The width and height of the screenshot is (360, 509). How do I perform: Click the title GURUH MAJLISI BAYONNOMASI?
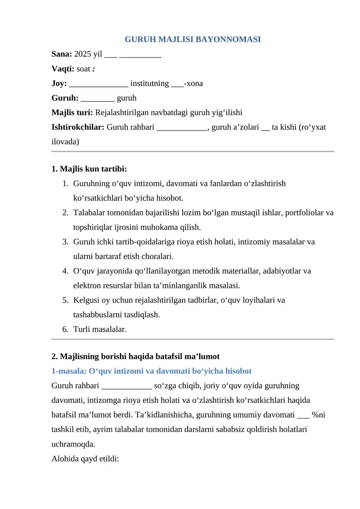193,40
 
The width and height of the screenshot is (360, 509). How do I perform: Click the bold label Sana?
62,54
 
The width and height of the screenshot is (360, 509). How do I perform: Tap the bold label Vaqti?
63,69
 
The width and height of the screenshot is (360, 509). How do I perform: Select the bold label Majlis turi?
72,113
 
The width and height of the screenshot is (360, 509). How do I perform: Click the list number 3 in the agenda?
65,242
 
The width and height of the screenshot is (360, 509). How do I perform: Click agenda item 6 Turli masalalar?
99,329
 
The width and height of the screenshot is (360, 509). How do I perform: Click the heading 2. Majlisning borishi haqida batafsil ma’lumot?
135,356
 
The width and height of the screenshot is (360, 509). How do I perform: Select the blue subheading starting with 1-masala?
152,371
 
